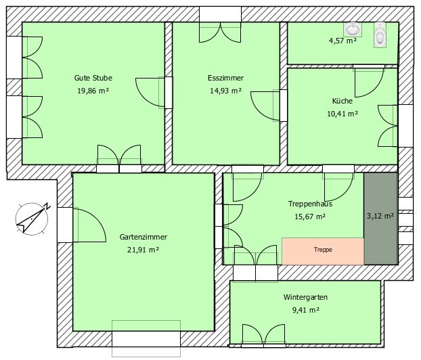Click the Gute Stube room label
[93, 78]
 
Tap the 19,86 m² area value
[93, 91]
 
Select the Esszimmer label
[225, 78]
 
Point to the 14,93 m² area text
[225, 91]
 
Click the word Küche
[342, 101]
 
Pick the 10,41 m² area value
[342, 114]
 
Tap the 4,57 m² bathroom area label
[342, 41]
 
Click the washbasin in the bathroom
[353, 29]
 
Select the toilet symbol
[380, 35]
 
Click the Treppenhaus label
[310, 204]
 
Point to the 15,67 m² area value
[310, 217]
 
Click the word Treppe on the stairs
[323, 250]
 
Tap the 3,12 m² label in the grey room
[380, 216]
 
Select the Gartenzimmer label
[143, 237]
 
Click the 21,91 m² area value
[143, 250]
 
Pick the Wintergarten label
[305, 298]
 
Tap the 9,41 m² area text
[305, 311]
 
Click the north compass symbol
[32, 219]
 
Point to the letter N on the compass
[47, 206]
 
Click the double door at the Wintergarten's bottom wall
[264, 335]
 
